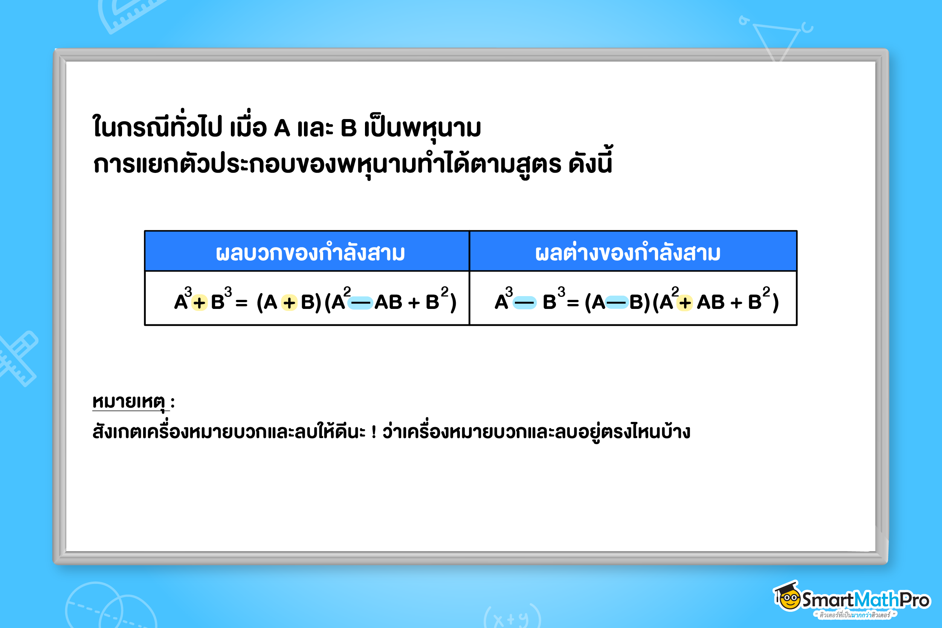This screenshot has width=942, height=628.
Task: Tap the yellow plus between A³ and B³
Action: pos(199,303)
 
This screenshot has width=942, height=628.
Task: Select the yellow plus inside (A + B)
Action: pos(289,303)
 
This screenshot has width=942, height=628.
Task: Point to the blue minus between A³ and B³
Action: pos(524,303)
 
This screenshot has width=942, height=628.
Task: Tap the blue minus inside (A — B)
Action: pos(617,303)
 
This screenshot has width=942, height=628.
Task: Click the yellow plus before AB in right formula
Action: pos(685,303)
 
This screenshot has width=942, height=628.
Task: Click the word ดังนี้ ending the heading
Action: pos(590,162)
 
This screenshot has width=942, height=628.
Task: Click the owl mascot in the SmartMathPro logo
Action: pos(788,597)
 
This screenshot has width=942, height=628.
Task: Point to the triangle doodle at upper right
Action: pos(777,40)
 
